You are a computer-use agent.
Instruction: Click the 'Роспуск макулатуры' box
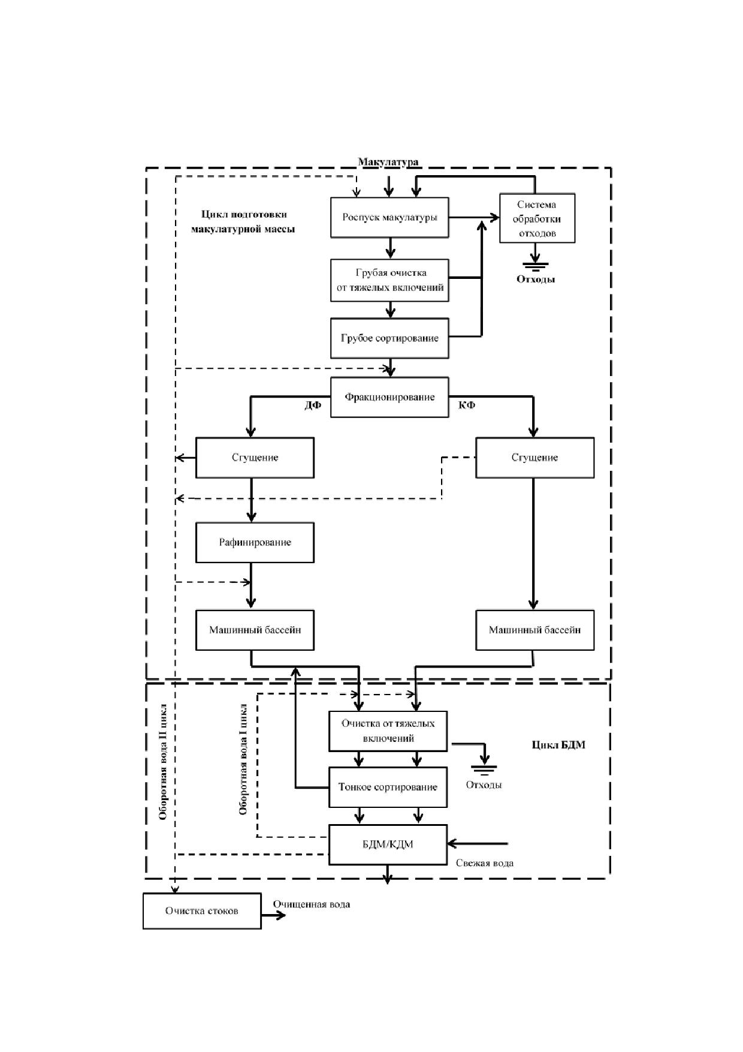[389, 217]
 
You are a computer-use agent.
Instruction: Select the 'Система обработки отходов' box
[537, 218]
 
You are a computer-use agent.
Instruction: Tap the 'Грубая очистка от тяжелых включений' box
[389, 279]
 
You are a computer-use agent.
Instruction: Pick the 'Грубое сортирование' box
[389, 338]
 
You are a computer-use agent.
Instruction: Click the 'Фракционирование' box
[389, 397]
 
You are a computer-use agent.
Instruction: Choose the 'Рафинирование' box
[255, 542]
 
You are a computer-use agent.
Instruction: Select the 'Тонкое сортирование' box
[388, 787]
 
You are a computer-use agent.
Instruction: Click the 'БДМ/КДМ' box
[388, 844]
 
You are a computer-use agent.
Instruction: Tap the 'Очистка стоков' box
[202, 911]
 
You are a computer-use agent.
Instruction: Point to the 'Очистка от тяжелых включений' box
[388, 731]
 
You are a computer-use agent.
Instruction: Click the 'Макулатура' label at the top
[388, 162]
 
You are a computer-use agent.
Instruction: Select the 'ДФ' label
[313, 405]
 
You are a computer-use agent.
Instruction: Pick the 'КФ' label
[467, 405]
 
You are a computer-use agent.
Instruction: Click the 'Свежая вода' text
[485, 863]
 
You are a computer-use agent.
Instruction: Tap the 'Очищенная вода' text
[312, 904]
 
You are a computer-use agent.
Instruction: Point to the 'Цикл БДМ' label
[558, 745]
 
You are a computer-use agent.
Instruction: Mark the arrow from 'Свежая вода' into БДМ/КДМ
[478, 843]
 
